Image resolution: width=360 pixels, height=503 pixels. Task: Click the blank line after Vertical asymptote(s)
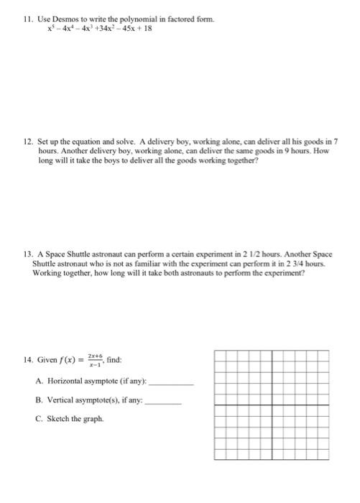click(162, 405)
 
